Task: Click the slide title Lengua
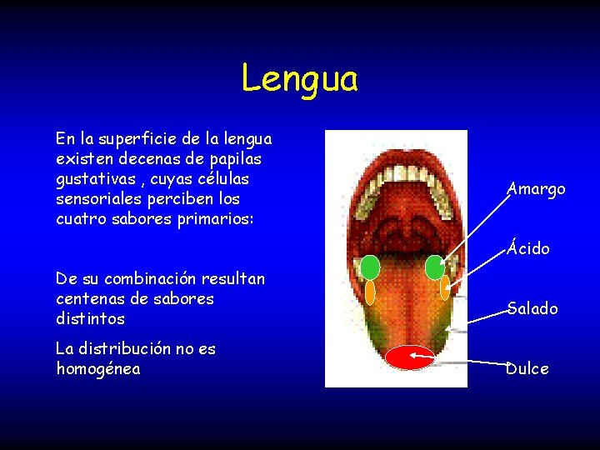(x=299, y=79)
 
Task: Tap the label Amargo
(x=537, y=189)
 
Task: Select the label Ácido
(x=529, y=248)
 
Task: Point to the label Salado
(x=532, y=308)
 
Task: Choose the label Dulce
(x=528, y=368)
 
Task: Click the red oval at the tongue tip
(x=410, y=357)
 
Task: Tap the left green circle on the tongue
(x=370, y=267)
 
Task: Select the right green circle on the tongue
(x=435, y=267)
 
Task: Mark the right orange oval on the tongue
(x=444, y=288)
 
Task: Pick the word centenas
(x=87, y=298)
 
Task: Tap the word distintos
(x=89, y=318)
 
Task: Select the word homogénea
(x=97, y=368)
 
